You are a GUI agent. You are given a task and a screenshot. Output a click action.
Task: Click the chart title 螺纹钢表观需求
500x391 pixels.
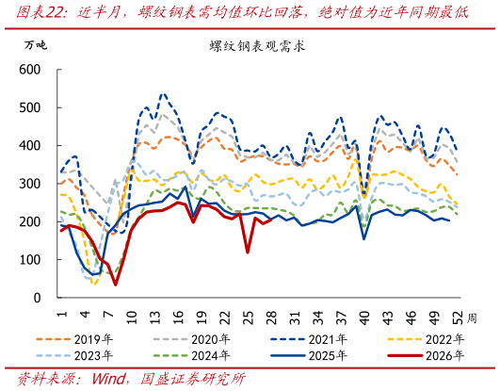(x=257, y=46)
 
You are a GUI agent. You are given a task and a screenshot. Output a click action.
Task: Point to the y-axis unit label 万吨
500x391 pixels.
(x=36, y=45)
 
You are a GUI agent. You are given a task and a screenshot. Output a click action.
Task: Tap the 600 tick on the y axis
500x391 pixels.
(x=30, y=70)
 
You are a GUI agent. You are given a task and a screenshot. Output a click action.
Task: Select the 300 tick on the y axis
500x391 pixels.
(x=30, y=184)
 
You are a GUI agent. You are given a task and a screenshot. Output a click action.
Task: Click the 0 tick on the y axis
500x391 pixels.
(x=38, y=298)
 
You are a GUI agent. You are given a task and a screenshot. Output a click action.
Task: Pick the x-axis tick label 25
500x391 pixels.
(x=248, y=318)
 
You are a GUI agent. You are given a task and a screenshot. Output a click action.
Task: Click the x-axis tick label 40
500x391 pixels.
(x=364, y=318)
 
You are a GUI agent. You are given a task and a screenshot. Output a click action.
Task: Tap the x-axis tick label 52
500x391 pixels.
(x=458, y=318)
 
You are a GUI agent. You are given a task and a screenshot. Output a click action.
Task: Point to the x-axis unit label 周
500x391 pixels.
(x=472, y=318)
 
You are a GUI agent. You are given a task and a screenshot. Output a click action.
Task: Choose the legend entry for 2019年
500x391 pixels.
(x=74, y=339)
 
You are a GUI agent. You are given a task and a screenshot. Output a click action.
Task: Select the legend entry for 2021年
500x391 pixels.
(x=309, y=339)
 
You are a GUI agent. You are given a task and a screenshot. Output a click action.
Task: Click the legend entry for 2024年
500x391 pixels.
(x=191, y=355)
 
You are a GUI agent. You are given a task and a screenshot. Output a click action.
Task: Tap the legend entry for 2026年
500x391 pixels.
(x=426, y=355)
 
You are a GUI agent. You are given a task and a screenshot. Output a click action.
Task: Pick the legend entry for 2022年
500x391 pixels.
(x=426, y=339)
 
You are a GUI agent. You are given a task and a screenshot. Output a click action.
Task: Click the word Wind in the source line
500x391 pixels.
(x=108, y=379)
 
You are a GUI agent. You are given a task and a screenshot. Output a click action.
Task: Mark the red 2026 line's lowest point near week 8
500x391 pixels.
(x=116, y=285)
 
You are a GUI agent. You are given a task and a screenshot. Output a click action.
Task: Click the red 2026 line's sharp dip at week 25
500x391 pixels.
(x=248, y=253)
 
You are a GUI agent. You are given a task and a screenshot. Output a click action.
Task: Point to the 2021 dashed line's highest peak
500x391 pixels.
(x=164, y=94)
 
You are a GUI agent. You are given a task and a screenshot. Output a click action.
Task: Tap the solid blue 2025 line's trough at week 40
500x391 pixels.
(x=363, y=239)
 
